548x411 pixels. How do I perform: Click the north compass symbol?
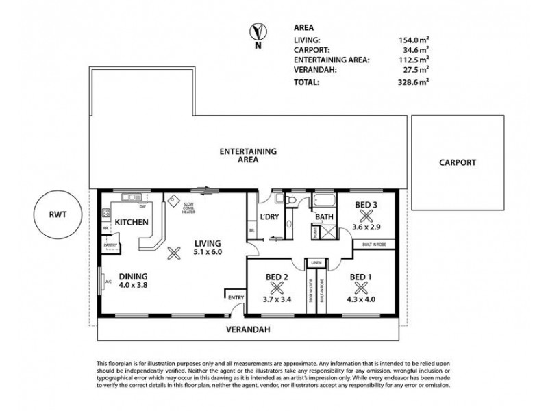click(258, 33)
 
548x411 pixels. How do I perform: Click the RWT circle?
click(58, 215)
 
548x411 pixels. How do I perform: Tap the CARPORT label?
click(458, 163)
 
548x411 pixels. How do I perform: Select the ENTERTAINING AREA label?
click(248, 155)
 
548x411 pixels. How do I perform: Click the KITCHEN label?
click(132, 223)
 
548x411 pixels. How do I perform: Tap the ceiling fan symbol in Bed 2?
click(279, 288)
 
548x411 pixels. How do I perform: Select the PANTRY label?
click(109, 245)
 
